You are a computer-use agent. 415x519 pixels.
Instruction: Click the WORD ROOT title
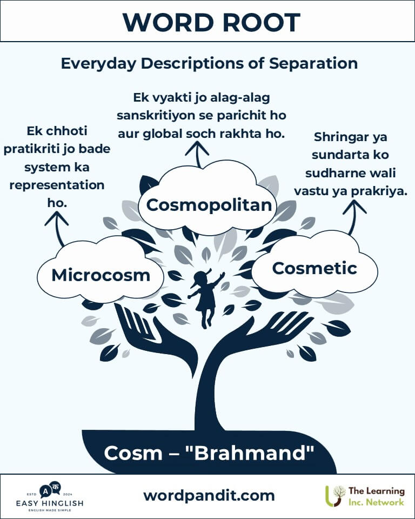point(211,22)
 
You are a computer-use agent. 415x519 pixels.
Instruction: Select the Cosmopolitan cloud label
point(209,205)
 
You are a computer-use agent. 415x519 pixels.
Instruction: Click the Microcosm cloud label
point(101,275)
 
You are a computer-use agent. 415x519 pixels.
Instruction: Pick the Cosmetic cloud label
point(314,268)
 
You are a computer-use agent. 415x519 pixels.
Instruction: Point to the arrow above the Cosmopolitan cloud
point(197,154)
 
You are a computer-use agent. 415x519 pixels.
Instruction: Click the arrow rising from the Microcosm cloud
point(57,228)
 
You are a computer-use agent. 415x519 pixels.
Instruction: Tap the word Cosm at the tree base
point(133,453)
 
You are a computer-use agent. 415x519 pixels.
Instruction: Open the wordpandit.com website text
point(209,496)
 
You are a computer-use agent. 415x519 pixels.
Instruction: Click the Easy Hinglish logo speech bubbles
point(50,490)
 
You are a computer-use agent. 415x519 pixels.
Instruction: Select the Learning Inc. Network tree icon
point(335,496)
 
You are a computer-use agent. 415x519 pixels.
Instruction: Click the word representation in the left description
point(57,185)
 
